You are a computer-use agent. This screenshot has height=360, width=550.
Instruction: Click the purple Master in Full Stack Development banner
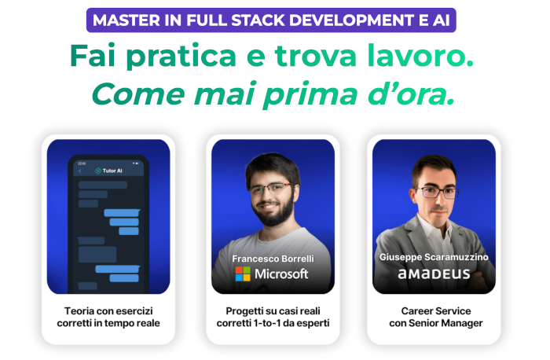tap(271, 20)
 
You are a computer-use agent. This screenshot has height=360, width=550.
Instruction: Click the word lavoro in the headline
tap(420, 56)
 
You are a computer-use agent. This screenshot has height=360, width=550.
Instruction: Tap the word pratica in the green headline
tap(181, 56)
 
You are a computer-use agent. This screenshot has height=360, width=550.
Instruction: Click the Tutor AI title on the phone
tap(112, 171)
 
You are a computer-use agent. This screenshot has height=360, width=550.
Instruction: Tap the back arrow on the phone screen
tap(80, 171)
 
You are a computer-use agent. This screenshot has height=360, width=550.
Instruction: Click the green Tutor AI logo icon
tap(98, 171)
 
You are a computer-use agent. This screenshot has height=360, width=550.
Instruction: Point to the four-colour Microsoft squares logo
tap(243, 274)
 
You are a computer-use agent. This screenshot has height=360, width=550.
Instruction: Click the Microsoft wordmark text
tap(281, 274)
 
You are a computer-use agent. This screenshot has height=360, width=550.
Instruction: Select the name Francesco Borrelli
tap(273, 259)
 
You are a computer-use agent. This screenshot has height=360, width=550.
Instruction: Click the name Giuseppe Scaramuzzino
tap(434, 257)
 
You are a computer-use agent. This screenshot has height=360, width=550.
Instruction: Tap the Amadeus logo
tap(434, 274)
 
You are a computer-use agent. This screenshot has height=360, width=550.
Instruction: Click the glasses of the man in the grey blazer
tap(437, 192)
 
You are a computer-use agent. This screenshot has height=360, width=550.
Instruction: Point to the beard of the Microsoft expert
tap(275, 212)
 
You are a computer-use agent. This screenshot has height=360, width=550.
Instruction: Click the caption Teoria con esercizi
tap(108, 311)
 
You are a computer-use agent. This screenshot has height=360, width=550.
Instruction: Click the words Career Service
tap(436, 311)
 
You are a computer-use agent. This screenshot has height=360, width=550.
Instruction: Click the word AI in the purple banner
tap(442, 20)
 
